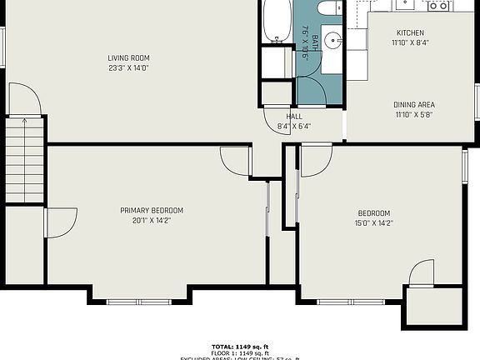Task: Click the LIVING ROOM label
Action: click(128, 57)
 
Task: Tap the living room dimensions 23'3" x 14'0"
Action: click(128, 67)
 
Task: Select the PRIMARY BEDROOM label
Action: click(152, 210)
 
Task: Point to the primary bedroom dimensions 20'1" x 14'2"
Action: click(152, 221)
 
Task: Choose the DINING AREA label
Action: click(414, 105)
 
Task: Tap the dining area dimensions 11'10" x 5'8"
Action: click(414, 115)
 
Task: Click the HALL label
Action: click(294, 117)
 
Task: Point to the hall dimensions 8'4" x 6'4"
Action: click(294, 127)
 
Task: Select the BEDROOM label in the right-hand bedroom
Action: click(374, 212)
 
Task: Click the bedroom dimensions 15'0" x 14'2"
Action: click(374, 222)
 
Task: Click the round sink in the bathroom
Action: click(333, 39)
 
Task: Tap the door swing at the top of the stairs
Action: click(26, 101)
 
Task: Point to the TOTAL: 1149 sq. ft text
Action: click(240, 345)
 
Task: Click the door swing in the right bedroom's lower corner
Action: click(422, 272)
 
